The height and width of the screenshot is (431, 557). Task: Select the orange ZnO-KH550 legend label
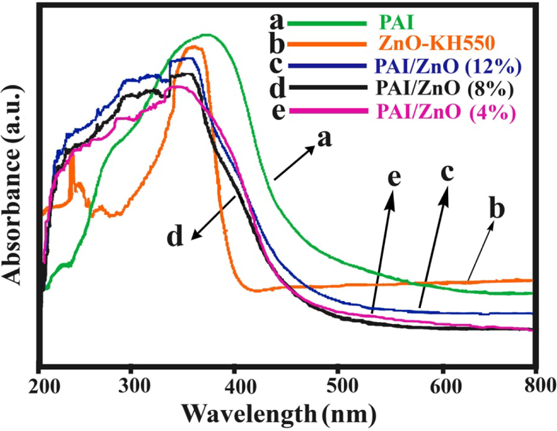pyautogui.click(x=436, y=43)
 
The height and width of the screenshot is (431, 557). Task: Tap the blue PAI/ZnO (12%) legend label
pyautogui.click(x=447, y=66)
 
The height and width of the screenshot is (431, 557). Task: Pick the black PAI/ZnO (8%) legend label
pyautogui.click(x=444, y=88)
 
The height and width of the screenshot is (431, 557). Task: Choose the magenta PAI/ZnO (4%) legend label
pyautogui.click(x=446, y=111)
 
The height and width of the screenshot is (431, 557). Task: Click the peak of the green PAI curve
pyautogui.click(x=206, y=35)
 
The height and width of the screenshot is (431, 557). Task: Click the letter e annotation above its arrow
pyautogui.click(x=394, y=177)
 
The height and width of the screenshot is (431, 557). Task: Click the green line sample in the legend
pyautogui.click(x=326, y=24)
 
